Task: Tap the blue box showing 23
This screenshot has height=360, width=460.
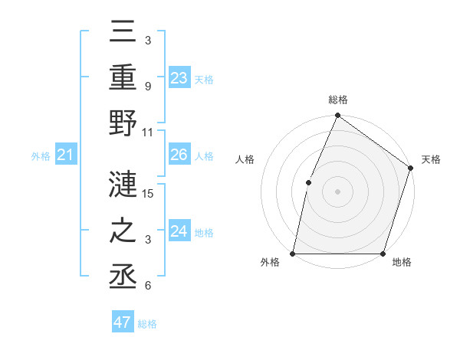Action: tap(179, 78)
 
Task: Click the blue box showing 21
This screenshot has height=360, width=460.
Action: tap(66, 155)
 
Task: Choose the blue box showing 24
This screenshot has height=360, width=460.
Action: tap(179, 231)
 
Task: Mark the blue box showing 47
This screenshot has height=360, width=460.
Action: tap(123, 322)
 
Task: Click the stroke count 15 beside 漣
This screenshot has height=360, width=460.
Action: tap(149, 193)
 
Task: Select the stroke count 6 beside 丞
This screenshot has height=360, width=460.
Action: tap(147, 286)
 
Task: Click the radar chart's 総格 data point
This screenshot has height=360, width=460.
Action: tap(337, 116)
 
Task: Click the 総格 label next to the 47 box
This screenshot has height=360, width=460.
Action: tap(147, 324)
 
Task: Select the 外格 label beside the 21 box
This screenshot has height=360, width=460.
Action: tap(41, 156)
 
